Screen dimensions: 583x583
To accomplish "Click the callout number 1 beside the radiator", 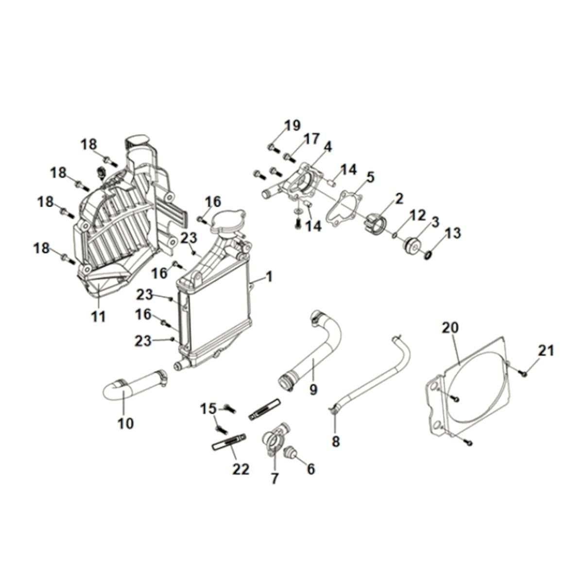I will tap(269, 277).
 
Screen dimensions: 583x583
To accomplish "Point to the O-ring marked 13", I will tap(428, 255).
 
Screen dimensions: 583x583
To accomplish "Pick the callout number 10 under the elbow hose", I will tap(125, 423).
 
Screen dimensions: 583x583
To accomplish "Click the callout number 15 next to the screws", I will tap(209, 409).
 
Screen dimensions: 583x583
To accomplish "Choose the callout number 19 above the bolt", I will tap(293, 125).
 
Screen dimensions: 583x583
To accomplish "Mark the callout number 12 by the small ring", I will tap(418, 214).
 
